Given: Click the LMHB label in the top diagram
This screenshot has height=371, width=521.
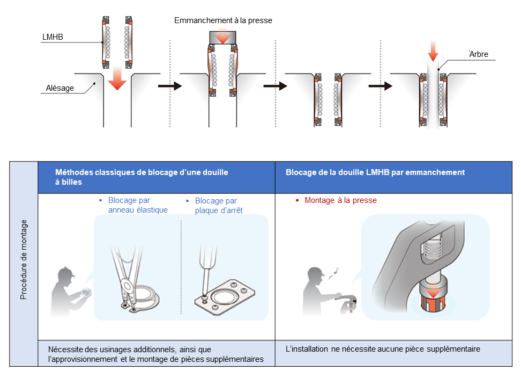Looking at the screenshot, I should click(53, 38).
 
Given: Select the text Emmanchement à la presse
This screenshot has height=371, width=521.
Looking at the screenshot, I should click(223, 20).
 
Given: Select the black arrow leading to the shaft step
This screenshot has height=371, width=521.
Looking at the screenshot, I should click(379, 85).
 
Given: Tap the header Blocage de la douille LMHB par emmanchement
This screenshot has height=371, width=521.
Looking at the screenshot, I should click(375, 172).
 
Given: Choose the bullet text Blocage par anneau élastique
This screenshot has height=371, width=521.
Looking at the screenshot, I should click(138, 205).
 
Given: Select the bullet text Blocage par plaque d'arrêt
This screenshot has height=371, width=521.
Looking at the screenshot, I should click(216, 205).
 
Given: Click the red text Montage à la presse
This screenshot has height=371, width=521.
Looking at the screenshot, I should click(340, 200).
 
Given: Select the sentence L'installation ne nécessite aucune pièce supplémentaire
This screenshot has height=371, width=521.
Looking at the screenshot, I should click(383, 349).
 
